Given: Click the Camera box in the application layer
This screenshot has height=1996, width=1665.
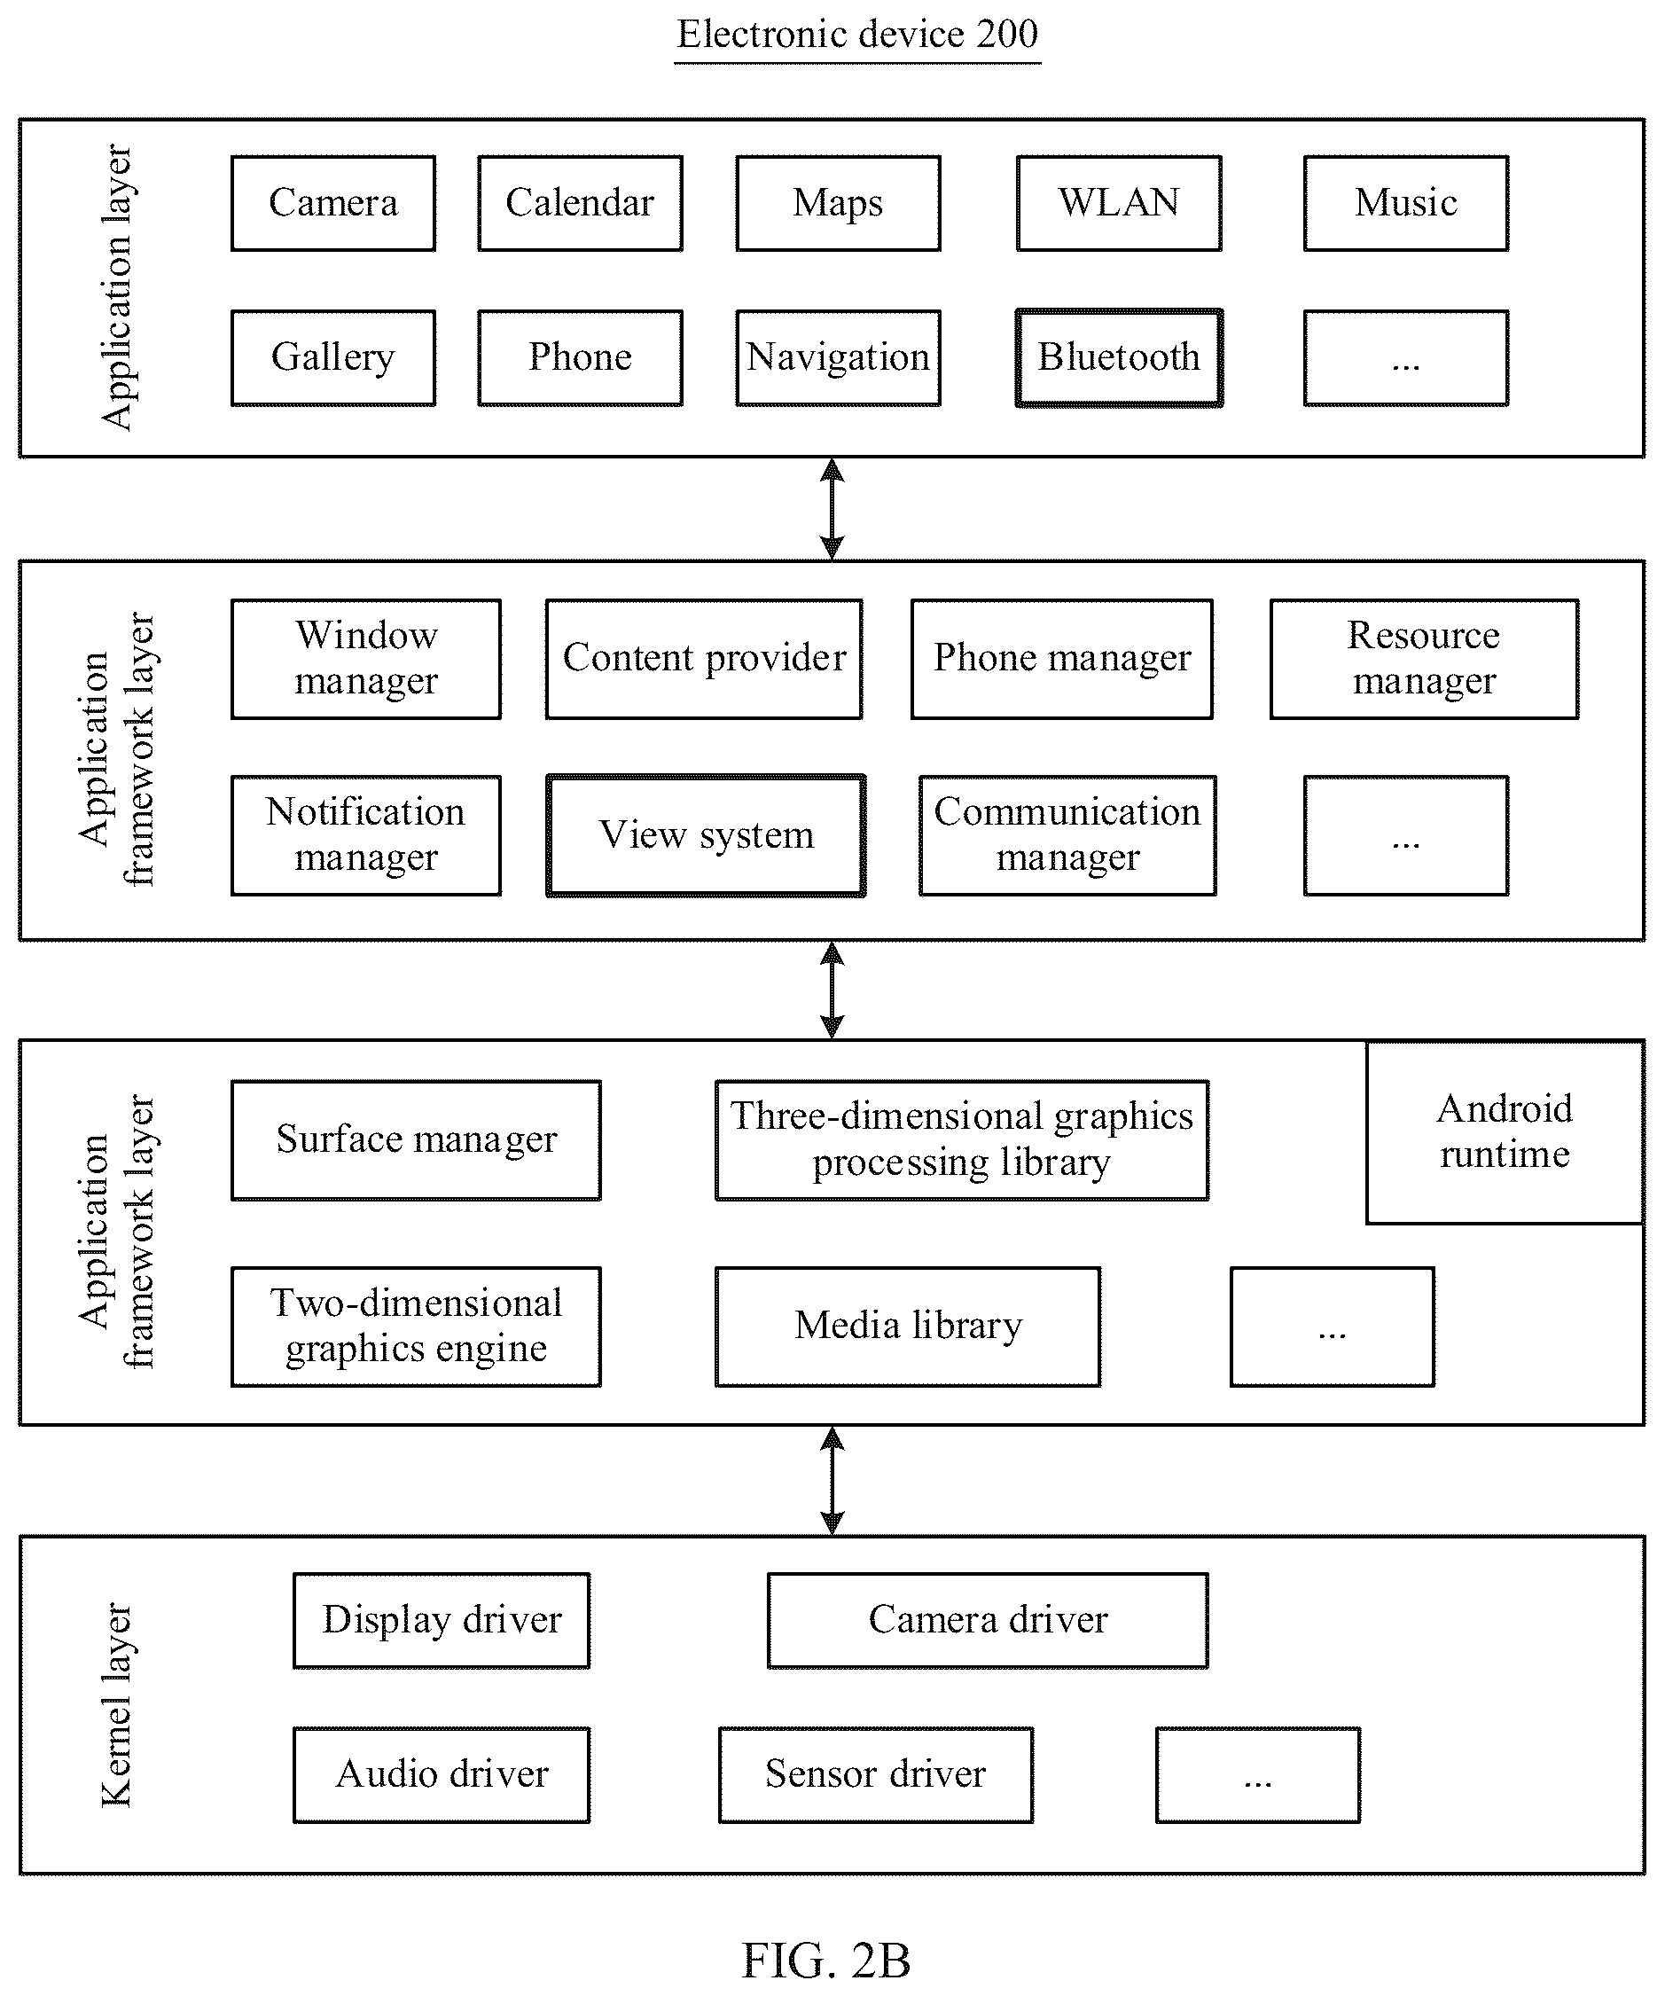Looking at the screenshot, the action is tap(333, 203).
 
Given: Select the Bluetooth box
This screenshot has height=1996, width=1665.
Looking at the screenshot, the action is tap(1120, 358).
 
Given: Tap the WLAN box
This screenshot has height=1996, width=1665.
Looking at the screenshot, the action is tap(1120, 203).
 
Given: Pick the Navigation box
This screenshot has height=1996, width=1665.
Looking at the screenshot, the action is tap(838, 358).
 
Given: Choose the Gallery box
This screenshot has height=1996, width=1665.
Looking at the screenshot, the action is tap(333, 358).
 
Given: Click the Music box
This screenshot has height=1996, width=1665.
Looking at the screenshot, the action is tap(1406, 203).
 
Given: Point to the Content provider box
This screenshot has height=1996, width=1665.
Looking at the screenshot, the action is tap(704, 659).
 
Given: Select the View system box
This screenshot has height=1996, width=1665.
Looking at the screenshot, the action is tap(706, 835).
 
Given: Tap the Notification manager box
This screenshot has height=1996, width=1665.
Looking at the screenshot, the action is tap(366, 835).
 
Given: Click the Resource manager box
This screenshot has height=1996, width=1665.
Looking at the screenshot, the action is tap(1425, 659).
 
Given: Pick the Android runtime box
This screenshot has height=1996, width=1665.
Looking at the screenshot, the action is tap(1505, 1132).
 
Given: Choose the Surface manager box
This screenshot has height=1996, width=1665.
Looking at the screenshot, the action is tap(417, 1139).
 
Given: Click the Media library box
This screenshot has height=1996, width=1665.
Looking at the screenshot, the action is tap(909, 1327).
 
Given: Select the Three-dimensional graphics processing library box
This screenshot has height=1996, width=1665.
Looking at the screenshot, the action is tap(962, 1139).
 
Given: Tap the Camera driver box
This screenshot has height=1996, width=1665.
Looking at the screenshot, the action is tap(989, 1621).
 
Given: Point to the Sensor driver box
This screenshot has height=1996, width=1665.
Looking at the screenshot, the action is tap(876, 1775).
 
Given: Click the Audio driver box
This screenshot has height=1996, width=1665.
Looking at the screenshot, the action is tap(442, 1775).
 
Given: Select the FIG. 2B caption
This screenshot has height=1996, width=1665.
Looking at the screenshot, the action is tap(825, 1960).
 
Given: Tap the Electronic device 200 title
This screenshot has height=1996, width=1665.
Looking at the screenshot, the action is tap(857, 35).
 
